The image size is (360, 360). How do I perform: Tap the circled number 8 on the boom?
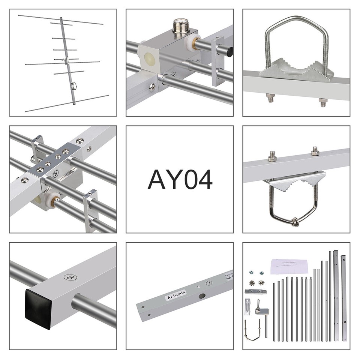(x=70, y=277)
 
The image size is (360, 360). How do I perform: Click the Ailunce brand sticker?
(x=175, y=297)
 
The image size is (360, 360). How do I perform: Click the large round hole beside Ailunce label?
(x=202, y=296)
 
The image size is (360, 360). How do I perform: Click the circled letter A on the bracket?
(x=56, y=173)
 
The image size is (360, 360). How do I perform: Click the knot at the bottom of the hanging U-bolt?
(x=294, y=223)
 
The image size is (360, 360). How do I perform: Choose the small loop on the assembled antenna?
(x=74, y=86)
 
